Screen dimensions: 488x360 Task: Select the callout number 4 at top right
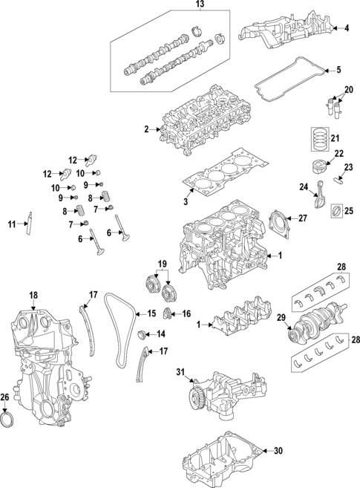(x=345, y=28)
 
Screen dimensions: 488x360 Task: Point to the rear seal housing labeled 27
(x=281, y=222)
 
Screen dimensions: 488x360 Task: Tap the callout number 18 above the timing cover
(x=33, y=296)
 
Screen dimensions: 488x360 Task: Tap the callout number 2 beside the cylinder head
(x=147, y=130)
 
